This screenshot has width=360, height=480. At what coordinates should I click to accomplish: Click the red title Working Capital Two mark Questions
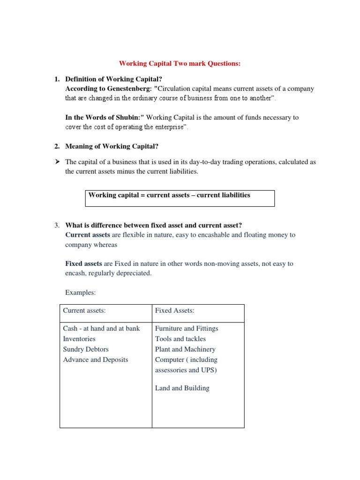pyautogui.click(x=180, y=63)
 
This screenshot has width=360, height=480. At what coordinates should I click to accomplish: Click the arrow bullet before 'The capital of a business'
pyautogui.click(x=57, y=162)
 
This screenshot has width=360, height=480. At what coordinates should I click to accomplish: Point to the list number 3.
pyautogui.click(x=57, y=225)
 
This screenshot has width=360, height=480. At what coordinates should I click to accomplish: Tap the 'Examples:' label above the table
pyautogui.click(x=80, y=292)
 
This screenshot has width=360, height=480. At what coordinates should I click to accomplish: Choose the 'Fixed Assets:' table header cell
pyautogui.click(x=174, y=311)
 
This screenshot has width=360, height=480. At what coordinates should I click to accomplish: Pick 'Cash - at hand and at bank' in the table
pyautogui.click(x=101, y=329)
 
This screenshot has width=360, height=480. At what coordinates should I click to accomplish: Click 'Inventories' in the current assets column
pyautogui.click(x=79, y=339)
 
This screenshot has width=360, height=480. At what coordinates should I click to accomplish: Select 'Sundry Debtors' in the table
pyautogui.click(x=86, y=349)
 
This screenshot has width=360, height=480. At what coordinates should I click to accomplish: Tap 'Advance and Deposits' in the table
pyautogui.click(x=96, y=360)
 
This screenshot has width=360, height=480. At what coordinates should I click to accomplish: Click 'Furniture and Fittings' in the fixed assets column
pyautogui.click(x=187, y=329)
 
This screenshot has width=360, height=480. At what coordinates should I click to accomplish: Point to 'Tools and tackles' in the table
pyautogui.click(x=180, y=339)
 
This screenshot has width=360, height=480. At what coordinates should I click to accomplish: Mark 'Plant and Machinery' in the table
pyautogui.click(x=185, y=349)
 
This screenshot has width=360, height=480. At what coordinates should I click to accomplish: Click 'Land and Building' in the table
pyautogui.click(x=182, y=388)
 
